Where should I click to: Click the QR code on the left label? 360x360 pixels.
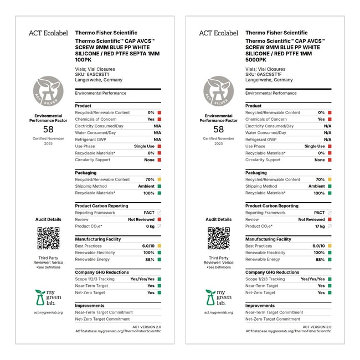click(x=48, y=238)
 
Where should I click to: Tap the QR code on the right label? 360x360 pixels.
click(x=219, y=238)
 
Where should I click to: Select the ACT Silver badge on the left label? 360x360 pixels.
click(x=48, y=91)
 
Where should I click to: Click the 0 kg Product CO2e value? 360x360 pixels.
click(x=150, y=226)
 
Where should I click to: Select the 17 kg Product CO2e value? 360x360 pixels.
click(x=320, y=226)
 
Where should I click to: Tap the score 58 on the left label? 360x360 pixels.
click(x=48, y=129)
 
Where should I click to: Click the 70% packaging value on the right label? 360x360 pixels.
click(x=320, y=179)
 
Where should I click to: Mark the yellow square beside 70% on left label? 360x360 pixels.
click(x=159, y=179)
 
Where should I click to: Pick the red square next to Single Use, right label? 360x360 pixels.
click(x=330, y=146)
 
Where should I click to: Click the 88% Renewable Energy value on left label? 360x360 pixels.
click(x=150, y=259)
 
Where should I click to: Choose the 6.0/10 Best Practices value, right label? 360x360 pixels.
click(x=318, y=246)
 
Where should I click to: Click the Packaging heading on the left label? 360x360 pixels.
click(x=86, y=173)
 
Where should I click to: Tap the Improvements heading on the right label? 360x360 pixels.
click(x=260, y=306)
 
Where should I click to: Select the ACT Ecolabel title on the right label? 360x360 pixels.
click(x=219, y=33)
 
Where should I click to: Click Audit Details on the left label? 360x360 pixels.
click(x=48, y=219)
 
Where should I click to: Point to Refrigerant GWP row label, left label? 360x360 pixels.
click(x=92, y=140)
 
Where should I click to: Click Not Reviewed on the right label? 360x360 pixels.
click(x=312, y=219)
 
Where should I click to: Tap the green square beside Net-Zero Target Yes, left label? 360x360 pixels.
click(x=159, y=292)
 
